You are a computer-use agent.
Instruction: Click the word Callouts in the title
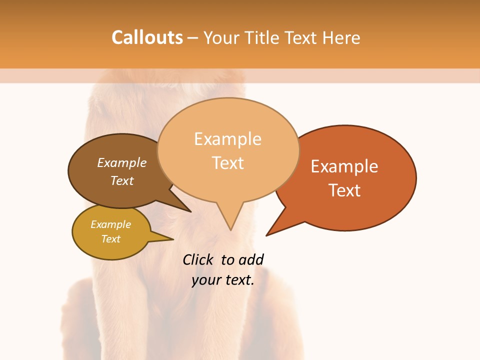pyautogui.click(x=147, y=37)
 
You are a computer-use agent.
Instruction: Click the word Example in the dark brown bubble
pyautogui.click(x=122, y=162)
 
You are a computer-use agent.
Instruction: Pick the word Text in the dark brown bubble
pyautogui.click(x=122, y=180)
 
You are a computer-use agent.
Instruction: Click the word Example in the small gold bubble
pyautogui.click(x=110, y=224)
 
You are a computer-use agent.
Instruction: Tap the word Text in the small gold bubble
pyautogui.click(x=110, y=239)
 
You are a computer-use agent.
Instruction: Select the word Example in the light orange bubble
pyautogui.click(x=227, y=139)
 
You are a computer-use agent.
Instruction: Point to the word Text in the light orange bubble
pyautogui.click(x=227, y=163)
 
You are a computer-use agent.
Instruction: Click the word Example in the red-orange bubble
pyautogui.click(x=344, y=166)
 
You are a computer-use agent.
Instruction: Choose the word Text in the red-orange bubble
pyautogui.click(x=344, y=190)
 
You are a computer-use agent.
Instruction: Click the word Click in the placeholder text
pyautogui.click(x=198, y=259)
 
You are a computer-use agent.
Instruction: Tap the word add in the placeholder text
pyautogui.click(x=251, y=259)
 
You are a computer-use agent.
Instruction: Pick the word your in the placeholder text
pyautogui.click(x=205, y=280)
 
